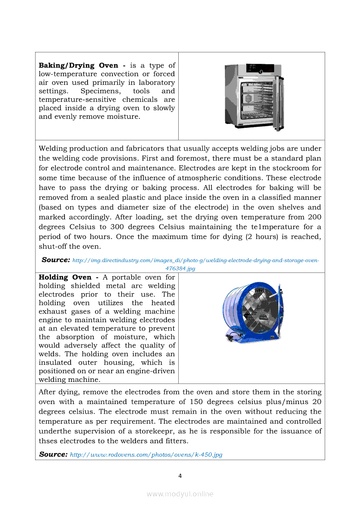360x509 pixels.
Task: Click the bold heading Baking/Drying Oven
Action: tap(78, 65)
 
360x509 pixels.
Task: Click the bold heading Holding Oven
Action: tap(65, 277)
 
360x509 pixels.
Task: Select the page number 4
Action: tap(180, 476)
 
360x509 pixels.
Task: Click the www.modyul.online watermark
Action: tap(180, 494)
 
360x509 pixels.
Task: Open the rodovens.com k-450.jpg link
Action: tap(146, 455)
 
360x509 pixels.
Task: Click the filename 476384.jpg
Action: tap(180, 269)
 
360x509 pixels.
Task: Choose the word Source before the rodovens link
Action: tap(53, 454)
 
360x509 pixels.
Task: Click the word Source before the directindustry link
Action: tap(56, 260)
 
